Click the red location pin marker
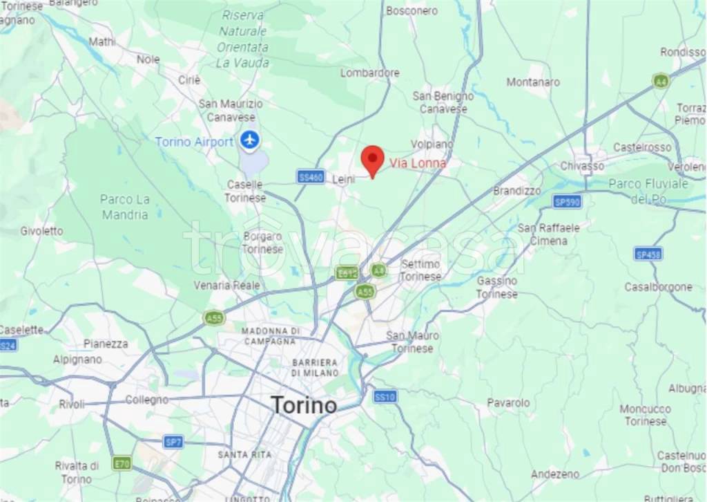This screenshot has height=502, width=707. tap(372, 160)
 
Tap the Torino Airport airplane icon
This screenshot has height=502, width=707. tap(249, 141)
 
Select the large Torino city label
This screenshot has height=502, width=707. tap(304, 405)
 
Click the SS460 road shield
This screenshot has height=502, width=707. tap(311, 177)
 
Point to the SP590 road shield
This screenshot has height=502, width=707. tap(567, 201)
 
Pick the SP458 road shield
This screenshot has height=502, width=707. tap(648, 254)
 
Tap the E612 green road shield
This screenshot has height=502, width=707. tap(346, 273)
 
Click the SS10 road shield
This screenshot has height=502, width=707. tap(385, 397)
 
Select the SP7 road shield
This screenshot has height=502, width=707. tap(173, 442)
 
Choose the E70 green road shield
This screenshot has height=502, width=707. tap(122, 463)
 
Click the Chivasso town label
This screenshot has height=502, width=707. tap(582, 166)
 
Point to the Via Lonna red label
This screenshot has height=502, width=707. tap(418, 163)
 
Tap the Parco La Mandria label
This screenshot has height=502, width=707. tap(125, 207)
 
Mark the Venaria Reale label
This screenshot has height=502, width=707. tap(226, 285)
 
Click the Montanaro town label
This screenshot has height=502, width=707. tap(533, 82)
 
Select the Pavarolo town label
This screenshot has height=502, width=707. tap(508, 402)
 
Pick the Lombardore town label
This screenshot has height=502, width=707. tap(370, 73)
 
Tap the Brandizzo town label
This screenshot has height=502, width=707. tap(517, 190)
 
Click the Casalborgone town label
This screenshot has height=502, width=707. tap(658, 286)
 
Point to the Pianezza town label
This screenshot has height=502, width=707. tap(106, 343)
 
